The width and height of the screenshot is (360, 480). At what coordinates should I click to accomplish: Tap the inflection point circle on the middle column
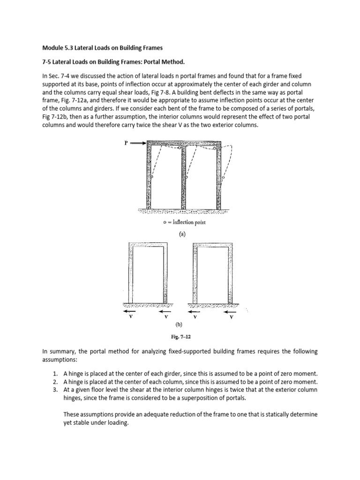pyautogui.click(x=187, y=178)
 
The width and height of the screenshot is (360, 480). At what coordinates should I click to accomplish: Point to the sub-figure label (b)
pyautogui.click(x=178, y=324)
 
